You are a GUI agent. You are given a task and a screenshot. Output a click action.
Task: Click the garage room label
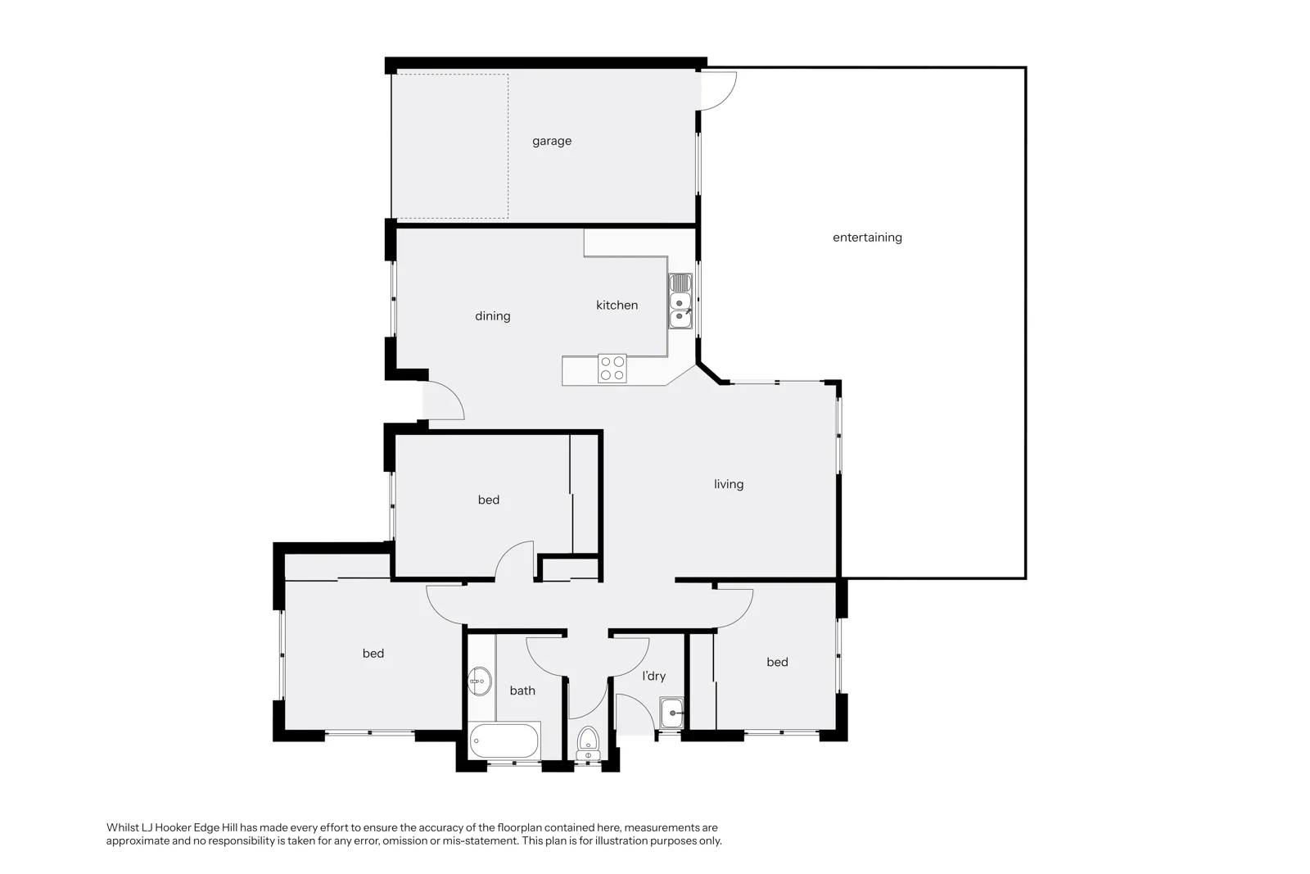tap(552, 141)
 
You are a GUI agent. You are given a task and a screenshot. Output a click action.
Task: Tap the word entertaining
tap(867, 238)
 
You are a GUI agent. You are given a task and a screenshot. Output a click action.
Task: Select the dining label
tap(492, 316)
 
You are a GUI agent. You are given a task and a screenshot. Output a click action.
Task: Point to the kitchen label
tap(617, 305)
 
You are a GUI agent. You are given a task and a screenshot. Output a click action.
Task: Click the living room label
tap(729, 484)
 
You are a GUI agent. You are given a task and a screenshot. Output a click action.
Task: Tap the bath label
tap(522, 691)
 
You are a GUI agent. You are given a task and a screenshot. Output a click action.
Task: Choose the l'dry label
tap(654, 677)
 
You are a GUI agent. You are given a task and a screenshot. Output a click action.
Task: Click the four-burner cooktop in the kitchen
tap(612, 369)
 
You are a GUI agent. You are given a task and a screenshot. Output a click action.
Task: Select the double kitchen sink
tap(680, 301)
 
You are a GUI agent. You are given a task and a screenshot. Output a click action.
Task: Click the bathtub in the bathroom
tap(504, 740)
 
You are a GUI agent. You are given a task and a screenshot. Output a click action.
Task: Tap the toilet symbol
tap(588, 744)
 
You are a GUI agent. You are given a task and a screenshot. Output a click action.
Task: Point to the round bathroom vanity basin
tap(480, 681)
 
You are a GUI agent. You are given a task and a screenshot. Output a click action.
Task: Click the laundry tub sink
tap(671, 713)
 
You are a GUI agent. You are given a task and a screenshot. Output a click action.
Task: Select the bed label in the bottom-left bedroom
tap(373, 654)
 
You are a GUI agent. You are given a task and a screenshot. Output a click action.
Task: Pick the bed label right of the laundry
tap(777, 662)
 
